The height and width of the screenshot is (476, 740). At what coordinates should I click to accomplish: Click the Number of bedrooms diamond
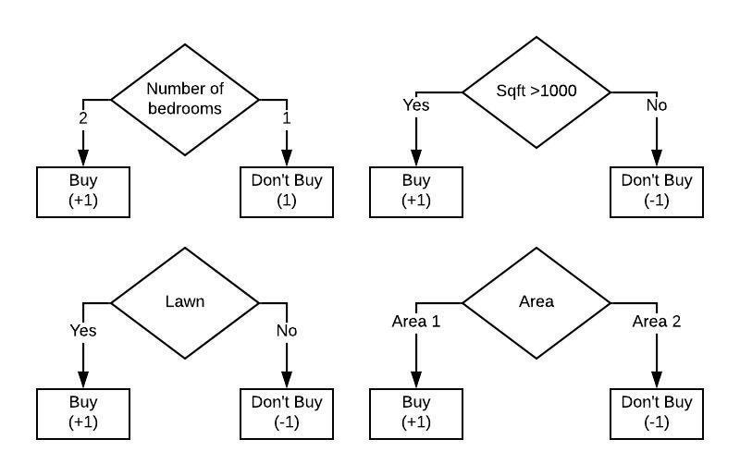point(185,99)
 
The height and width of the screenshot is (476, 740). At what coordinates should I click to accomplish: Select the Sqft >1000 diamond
point(536,92)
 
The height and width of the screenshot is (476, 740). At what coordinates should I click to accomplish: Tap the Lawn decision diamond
point(185,301)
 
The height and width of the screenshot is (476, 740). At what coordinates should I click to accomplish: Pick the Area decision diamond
point(536,301)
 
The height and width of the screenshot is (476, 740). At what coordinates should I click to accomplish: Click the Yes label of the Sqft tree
point(416,104)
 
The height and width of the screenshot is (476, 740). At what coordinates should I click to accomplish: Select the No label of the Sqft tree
point(656,104)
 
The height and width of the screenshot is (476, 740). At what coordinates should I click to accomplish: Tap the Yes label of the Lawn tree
point(83,329)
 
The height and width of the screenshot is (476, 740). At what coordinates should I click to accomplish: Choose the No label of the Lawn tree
point(286,329)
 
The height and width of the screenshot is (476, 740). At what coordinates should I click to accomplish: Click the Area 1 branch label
point(416,322)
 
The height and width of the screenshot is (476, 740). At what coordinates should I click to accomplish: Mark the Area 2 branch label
point(656,322)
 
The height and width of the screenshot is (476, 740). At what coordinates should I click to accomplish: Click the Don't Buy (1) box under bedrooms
point(287,191)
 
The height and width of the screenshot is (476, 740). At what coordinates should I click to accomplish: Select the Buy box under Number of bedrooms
point(83,191)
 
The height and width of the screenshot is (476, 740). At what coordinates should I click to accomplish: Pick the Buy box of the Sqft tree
point(416,191)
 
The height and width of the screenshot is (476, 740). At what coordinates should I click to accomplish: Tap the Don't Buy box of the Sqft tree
point(657,191)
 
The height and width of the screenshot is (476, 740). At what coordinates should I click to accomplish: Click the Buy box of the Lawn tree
point(83,412)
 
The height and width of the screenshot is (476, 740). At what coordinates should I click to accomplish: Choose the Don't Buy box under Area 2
point(657,412)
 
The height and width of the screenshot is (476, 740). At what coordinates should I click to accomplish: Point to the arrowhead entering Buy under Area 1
point(416,379)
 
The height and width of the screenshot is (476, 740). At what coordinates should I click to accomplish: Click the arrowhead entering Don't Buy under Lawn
point(287,379)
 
